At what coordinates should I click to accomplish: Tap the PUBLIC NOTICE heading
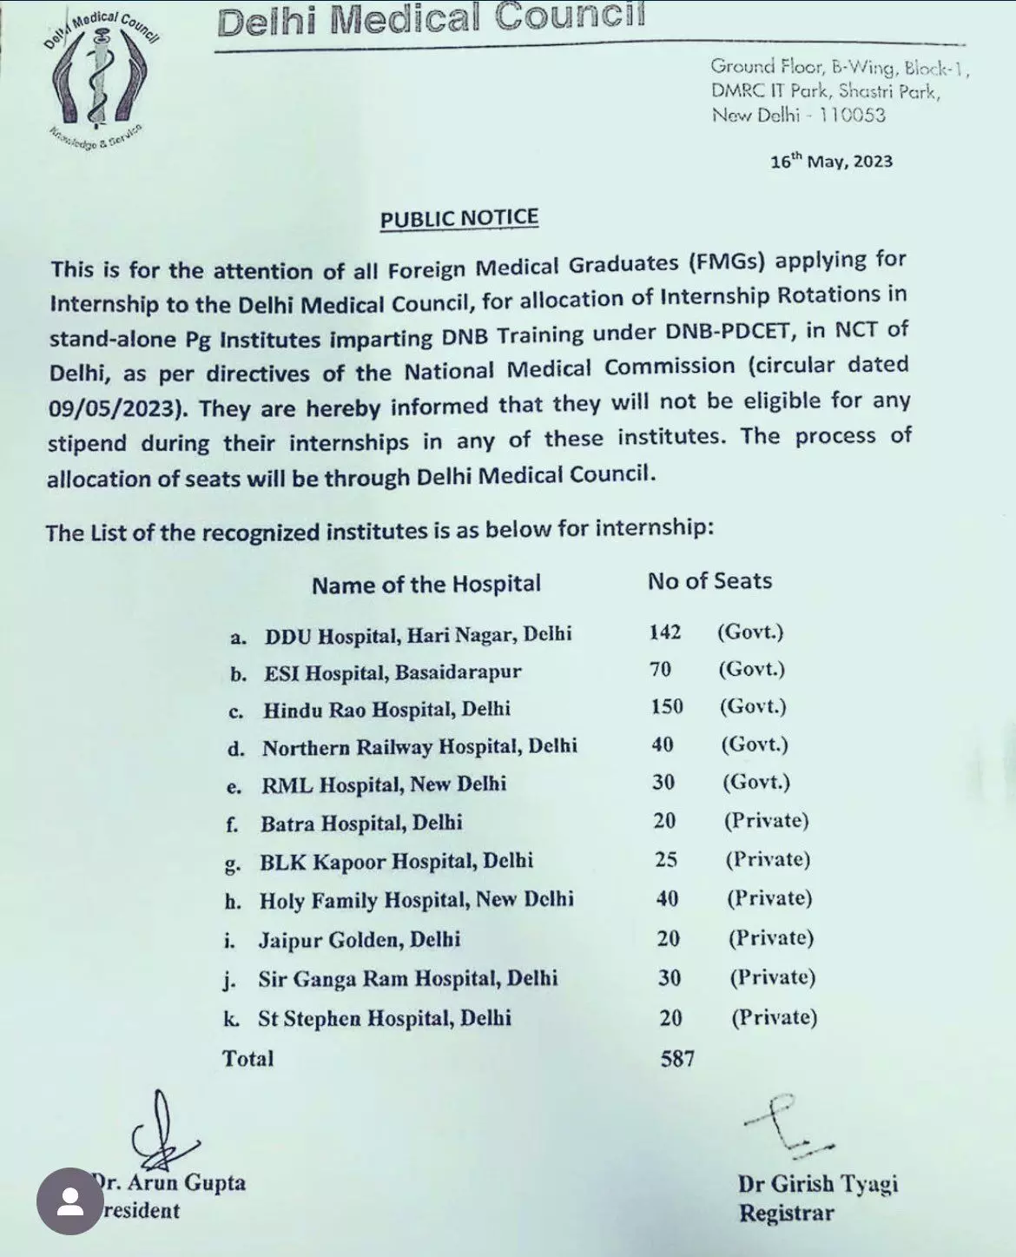tap(459, 218)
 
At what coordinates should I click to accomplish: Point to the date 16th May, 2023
tap(831, 162)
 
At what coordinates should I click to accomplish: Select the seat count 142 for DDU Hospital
tap(664, 632)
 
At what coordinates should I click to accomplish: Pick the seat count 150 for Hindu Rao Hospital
tap(667, 707)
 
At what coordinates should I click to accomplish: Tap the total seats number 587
tap(677, 1058)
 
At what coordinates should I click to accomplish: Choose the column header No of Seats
tap(709, 581)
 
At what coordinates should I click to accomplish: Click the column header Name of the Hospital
tap(426, 584)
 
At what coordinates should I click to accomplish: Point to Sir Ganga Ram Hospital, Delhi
tap(407, 979)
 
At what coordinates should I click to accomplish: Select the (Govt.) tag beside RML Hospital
tap(756, 782)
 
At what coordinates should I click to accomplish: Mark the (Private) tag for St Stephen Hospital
tap(774, 1017)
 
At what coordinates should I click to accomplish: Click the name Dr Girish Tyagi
tap(818, 1184)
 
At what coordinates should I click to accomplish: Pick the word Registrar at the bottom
tap(786, 1214)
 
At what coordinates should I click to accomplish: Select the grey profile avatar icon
tap(70, 1201)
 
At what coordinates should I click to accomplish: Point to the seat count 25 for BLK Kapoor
tap(666, 860)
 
